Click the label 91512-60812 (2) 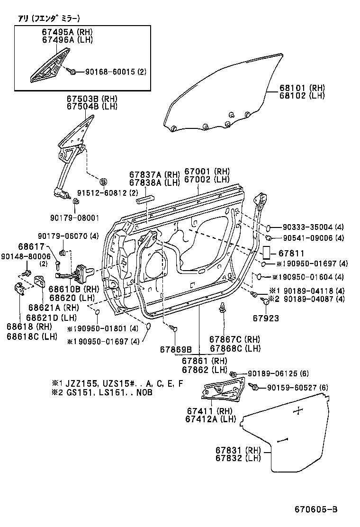pos(108,193)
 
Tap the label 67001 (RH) pos(207,171)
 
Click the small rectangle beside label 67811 pos(267,253)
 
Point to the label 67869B pos(175,350)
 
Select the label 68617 pos(31,246)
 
